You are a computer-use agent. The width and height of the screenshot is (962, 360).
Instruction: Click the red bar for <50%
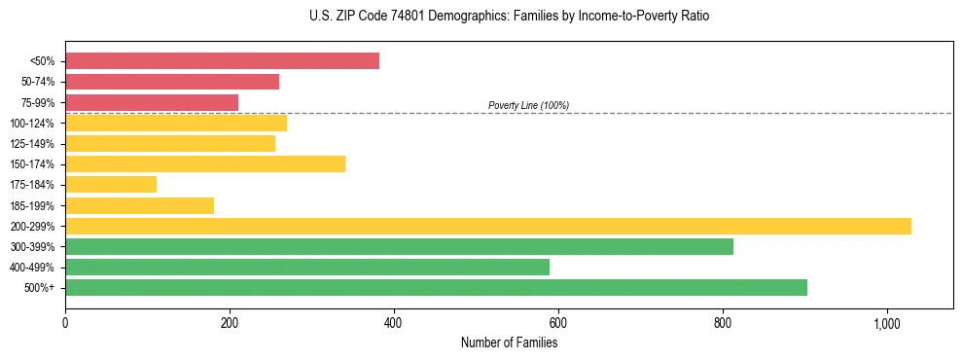click(x=222, y=61)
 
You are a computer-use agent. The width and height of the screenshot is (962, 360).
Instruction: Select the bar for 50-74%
click(x=172, y=82)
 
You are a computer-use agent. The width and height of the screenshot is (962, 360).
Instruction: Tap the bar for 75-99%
click(x=152, y=102)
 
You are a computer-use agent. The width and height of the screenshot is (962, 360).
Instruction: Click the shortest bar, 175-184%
click(x=111, y=185)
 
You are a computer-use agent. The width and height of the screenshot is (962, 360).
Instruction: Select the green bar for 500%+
click(x=436, y=287)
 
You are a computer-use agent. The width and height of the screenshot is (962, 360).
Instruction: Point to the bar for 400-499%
click(x=307, y=267)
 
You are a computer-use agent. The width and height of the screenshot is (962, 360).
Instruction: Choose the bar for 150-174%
click(x=205, y=163)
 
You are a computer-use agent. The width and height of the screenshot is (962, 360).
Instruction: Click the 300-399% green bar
click(x=399, y=246)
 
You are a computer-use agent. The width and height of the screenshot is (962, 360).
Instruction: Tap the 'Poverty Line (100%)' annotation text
click(x=528, y=105)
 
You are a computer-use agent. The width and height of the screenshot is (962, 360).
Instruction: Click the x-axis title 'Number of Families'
click(x=509, y=342)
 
